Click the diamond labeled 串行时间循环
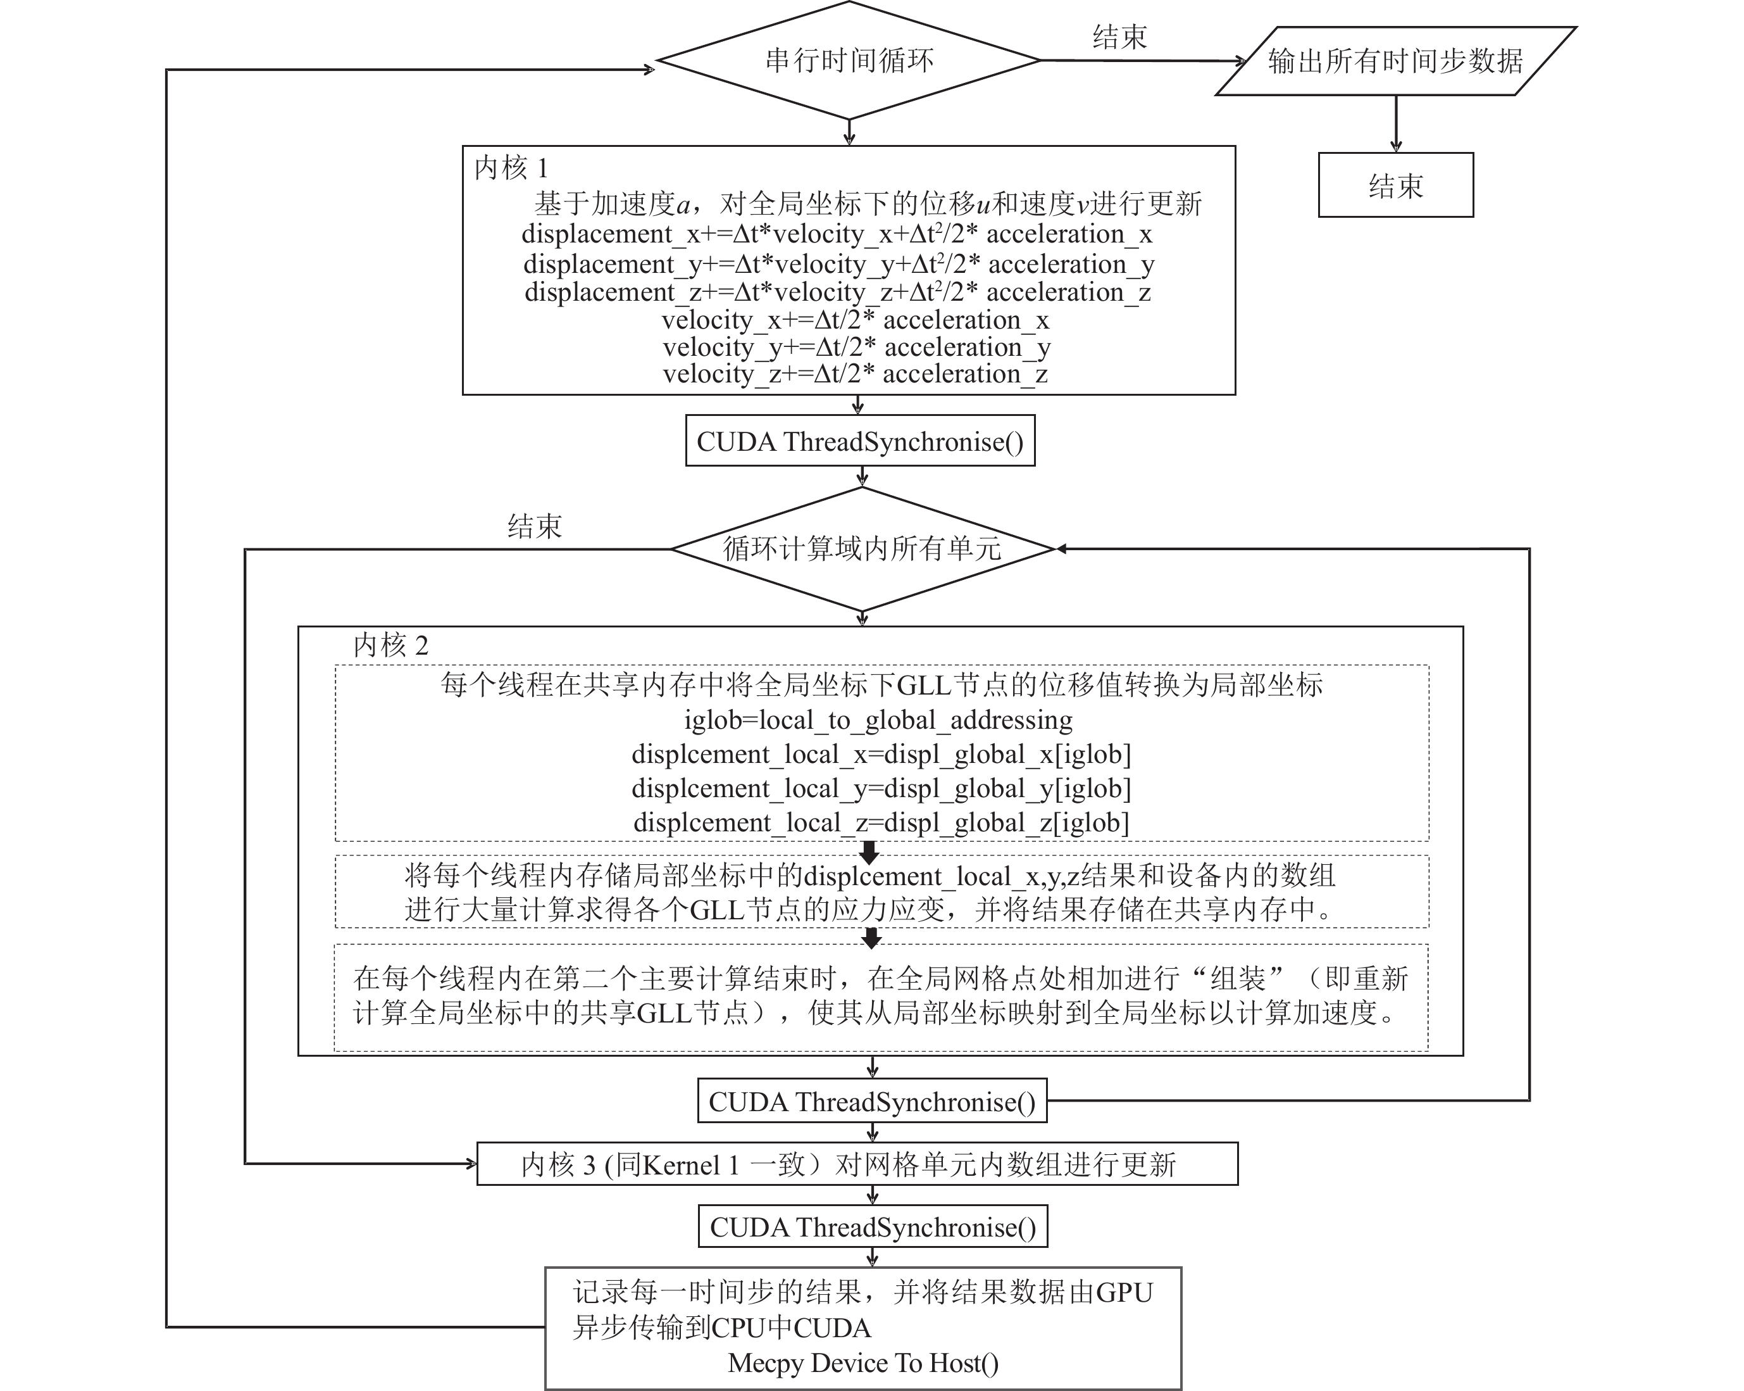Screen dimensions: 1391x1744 pos(849,61)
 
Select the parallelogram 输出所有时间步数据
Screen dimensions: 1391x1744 pos(1395,61)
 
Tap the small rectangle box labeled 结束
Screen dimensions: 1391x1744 pos(1395,186)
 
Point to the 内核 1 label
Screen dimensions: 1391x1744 pos(511,168)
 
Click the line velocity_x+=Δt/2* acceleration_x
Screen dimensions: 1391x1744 pos(855,320)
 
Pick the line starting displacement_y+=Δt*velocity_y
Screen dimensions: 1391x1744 pos(838,264)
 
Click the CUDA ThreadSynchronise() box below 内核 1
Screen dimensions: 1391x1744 pos(860,441)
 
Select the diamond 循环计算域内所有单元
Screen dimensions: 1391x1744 pos(863,549)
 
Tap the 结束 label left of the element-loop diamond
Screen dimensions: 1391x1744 pos(534,527)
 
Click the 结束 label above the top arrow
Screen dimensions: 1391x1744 pos(1119,37)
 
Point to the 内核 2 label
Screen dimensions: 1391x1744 pos(390,646)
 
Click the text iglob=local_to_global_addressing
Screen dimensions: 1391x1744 pos(878,719)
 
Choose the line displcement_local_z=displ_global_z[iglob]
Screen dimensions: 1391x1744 pos(881,823)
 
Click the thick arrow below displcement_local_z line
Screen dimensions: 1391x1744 pos(869,852)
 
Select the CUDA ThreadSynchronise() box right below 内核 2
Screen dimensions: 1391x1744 pos(872,1101)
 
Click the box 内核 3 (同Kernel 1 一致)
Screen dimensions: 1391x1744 pos(857,1164)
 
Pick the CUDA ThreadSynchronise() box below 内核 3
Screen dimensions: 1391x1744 pos(873,1227)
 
